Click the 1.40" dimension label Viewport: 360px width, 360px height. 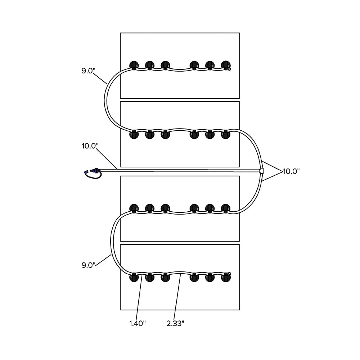(137, 323)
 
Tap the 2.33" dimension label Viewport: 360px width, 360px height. (175, 323)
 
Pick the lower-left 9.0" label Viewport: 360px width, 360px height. (88, 265)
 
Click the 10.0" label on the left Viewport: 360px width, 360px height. (90, 146)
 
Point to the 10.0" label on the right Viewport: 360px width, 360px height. (291, 171)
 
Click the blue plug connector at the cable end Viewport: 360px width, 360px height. (93, 172)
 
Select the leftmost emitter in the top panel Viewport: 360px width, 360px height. (134, 65)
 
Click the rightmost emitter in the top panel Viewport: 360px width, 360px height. (225, 65)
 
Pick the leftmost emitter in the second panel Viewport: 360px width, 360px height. (134, 135)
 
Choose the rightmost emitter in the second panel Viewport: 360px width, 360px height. (225, 135)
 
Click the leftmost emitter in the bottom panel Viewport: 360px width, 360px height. (134, 278)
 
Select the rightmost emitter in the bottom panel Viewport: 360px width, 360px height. (225, 278)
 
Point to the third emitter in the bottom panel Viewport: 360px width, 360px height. (165, 278)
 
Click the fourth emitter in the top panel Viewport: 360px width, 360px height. (194, 65)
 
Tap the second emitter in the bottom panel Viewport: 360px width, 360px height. (150, 278)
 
